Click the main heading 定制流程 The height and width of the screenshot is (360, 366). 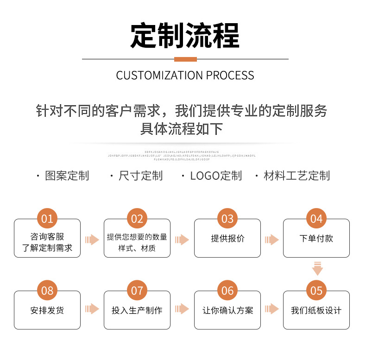coord(185,36)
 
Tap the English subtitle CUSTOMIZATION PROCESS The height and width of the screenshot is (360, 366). coord(185,76)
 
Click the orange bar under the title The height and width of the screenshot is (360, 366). coord(185,59)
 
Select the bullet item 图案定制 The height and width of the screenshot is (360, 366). coord(67,176)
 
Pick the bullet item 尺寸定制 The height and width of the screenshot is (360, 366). coord(140,176)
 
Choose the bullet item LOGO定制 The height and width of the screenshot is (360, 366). coord(216,176)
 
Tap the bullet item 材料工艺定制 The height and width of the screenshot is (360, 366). coord(297,176)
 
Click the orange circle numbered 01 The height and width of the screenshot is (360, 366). coord(47,219)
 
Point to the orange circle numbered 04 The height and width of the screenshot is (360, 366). coord(316,219)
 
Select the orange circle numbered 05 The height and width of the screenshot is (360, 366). coord(316,291)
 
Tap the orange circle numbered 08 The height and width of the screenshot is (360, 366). coord(47,291)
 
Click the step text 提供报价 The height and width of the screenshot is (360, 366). coord(227,239)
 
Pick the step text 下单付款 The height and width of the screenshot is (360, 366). coord(316,239)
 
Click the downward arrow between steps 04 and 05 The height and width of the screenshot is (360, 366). coord(317,268)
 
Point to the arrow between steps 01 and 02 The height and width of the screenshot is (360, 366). coord(92,240)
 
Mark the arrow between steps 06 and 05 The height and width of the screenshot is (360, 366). coord(271,309)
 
